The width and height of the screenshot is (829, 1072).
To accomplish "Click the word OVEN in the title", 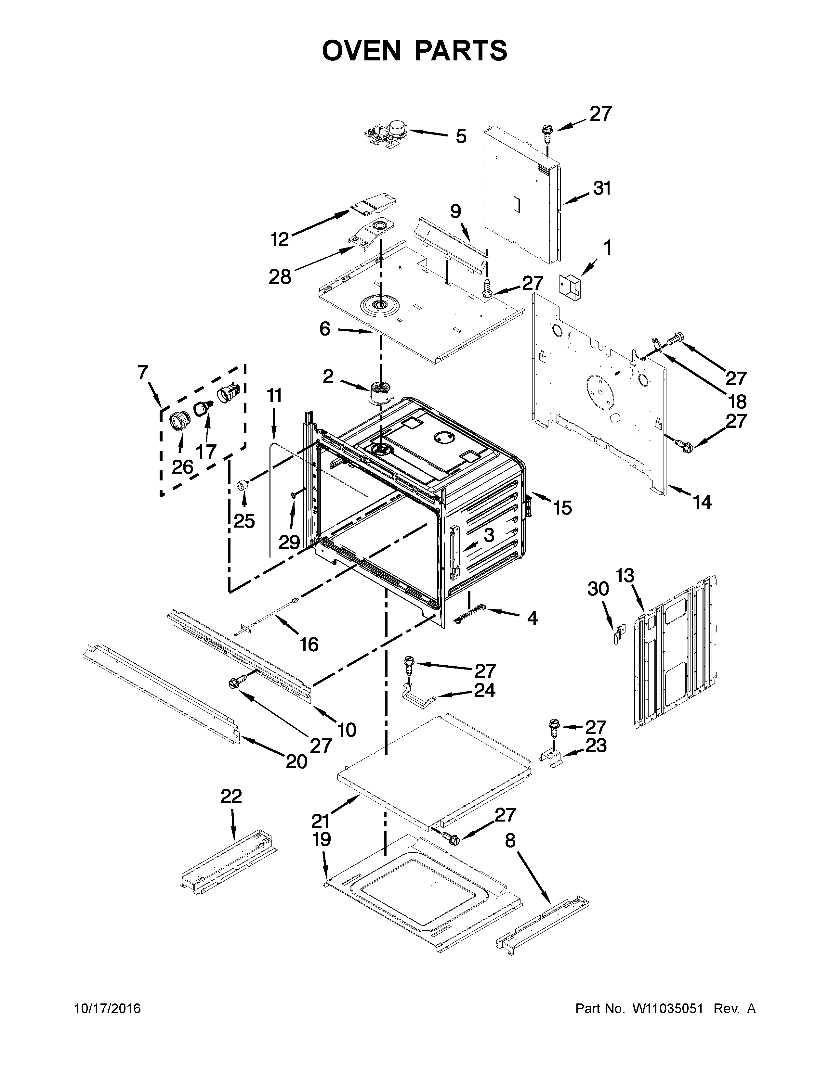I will pos(365,51).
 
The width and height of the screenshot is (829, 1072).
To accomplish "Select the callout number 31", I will pos(602,188).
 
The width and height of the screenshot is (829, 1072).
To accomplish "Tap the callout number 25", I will pos(244,521).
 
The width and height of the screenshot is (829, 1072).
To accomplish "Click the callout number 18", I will pos(738,402).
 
